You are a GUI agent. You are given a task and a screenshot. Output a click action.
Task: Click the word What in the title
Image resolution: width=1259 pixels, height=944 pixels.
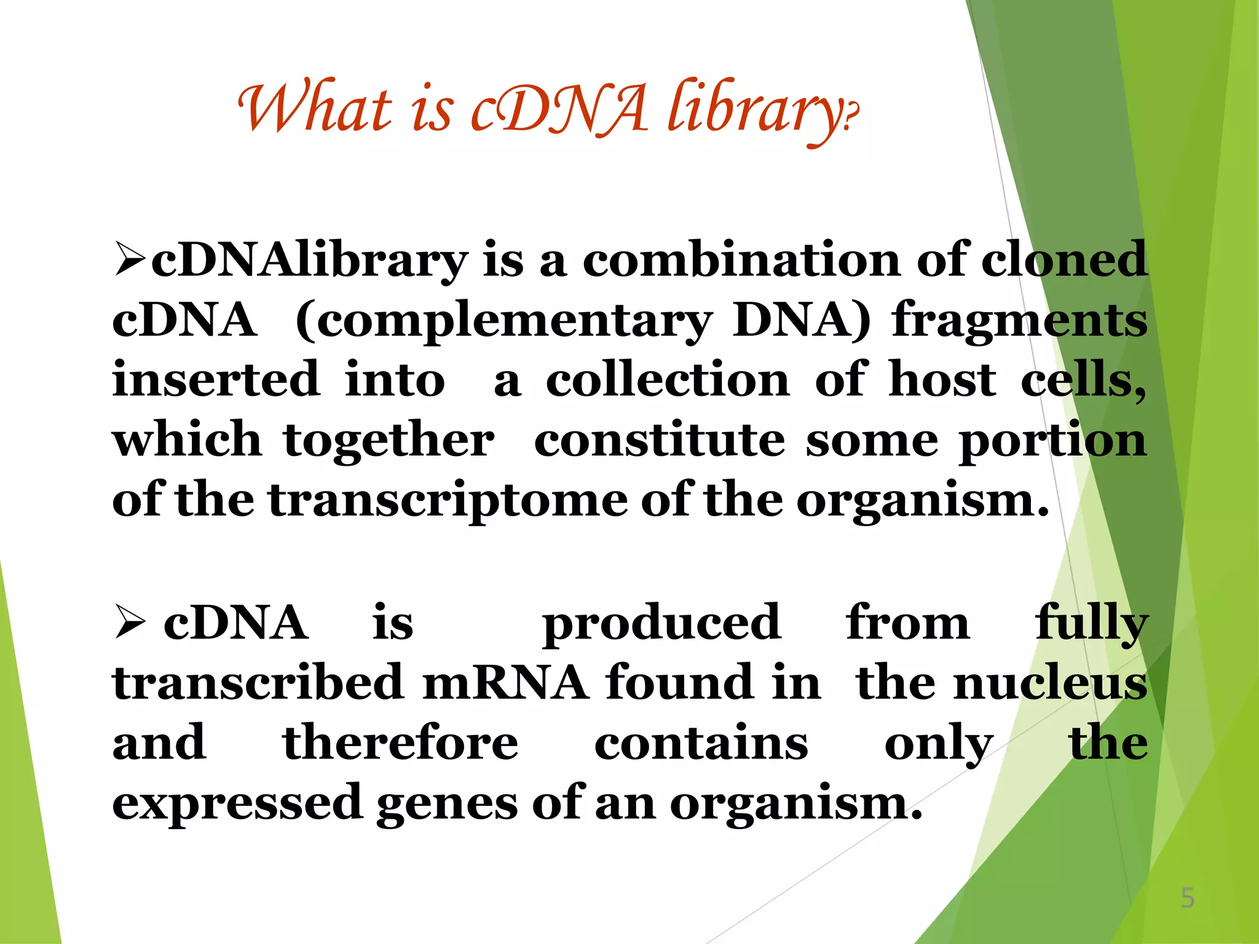pos(315,108)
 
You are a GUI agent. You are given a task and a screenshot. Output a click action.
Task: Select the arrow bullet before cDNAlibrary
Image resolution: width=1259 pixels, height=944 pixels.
pos(130,260)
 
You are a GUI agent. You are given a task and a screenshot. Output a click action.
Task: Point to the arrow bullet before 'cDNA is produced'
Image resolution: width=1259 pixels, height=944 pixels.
pos(130,622)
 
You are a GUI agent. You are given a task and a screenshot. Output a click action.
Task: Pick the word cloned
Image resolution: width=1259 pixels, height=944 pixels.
pos(1064,260)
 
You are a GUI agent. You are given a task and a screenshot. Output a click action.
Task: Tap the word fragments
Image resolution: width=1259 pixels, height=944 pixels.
pos(1019,320)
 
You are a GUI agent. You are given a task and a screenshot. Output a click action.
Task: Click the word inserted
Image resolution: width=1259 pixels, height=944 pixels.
pos(216,379)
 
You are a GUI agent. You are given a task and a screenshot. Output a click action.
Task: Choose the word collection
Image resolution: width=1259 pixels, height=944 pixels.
pos(668,379)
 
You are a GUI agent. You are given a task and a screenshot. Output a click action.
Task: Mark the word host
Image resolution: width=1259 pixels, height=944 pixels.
pos(942,379)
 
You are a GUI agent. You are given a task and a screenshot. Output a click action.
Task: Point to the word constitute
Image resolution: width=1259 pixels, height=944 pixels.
pos(659,439)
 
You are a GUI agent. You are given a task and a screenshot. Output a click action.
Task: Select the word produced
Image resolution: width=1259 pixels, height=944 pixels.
pos(661,623)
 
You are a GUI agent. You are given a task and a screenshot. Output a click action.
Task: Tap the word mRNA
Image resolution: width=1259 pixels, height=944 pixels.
pos(505,682)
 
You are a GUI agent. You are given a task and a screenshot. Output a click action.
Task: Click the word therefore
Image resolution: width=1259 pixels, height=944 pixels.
pos(400,742)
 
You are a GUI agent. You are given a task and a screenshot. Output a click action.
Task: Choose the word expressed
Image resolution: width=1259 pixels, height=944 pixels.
pos(237,803)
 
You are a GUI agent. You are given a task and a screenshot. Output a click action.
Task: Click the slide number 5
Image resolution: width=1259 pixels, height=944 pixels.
pos(1187,899)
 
